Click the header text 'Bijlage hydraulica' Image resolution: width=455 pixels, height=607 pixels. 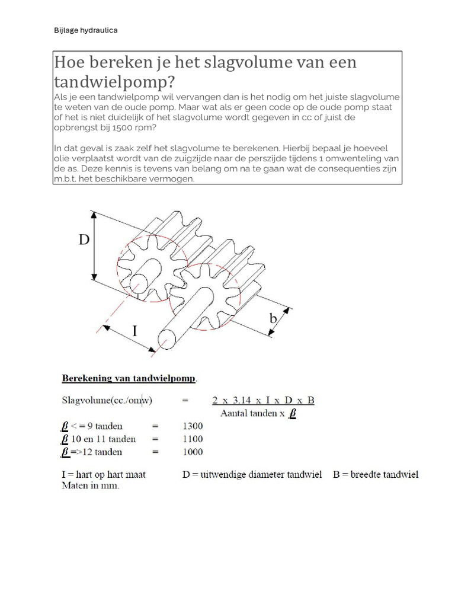click(x=86, y=30)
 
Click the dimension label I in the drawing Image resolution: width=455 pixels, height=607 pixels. click(x=134, y=330)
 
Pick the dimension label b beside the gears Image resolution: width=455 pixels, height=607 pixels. click(x=273, y=318)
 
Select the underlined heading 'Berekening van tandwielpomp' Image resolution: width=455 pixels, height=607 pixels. click(x=130, y=378)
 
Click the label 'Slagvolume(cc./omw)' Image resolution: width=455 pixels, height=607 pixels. click(x=107, y=401)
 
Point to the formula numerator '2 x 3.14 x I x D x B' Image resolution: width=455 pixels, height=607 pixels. click(x=263, y=401)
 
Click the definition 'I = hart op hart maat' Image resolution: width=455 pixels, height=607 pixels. click(x=104, y=474)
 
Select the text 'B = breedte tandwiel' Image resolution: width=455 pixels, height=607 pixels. click(x=376, y=474)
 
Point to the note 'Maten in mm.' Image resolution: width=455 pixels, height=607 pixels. click(x=90, y=485)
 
